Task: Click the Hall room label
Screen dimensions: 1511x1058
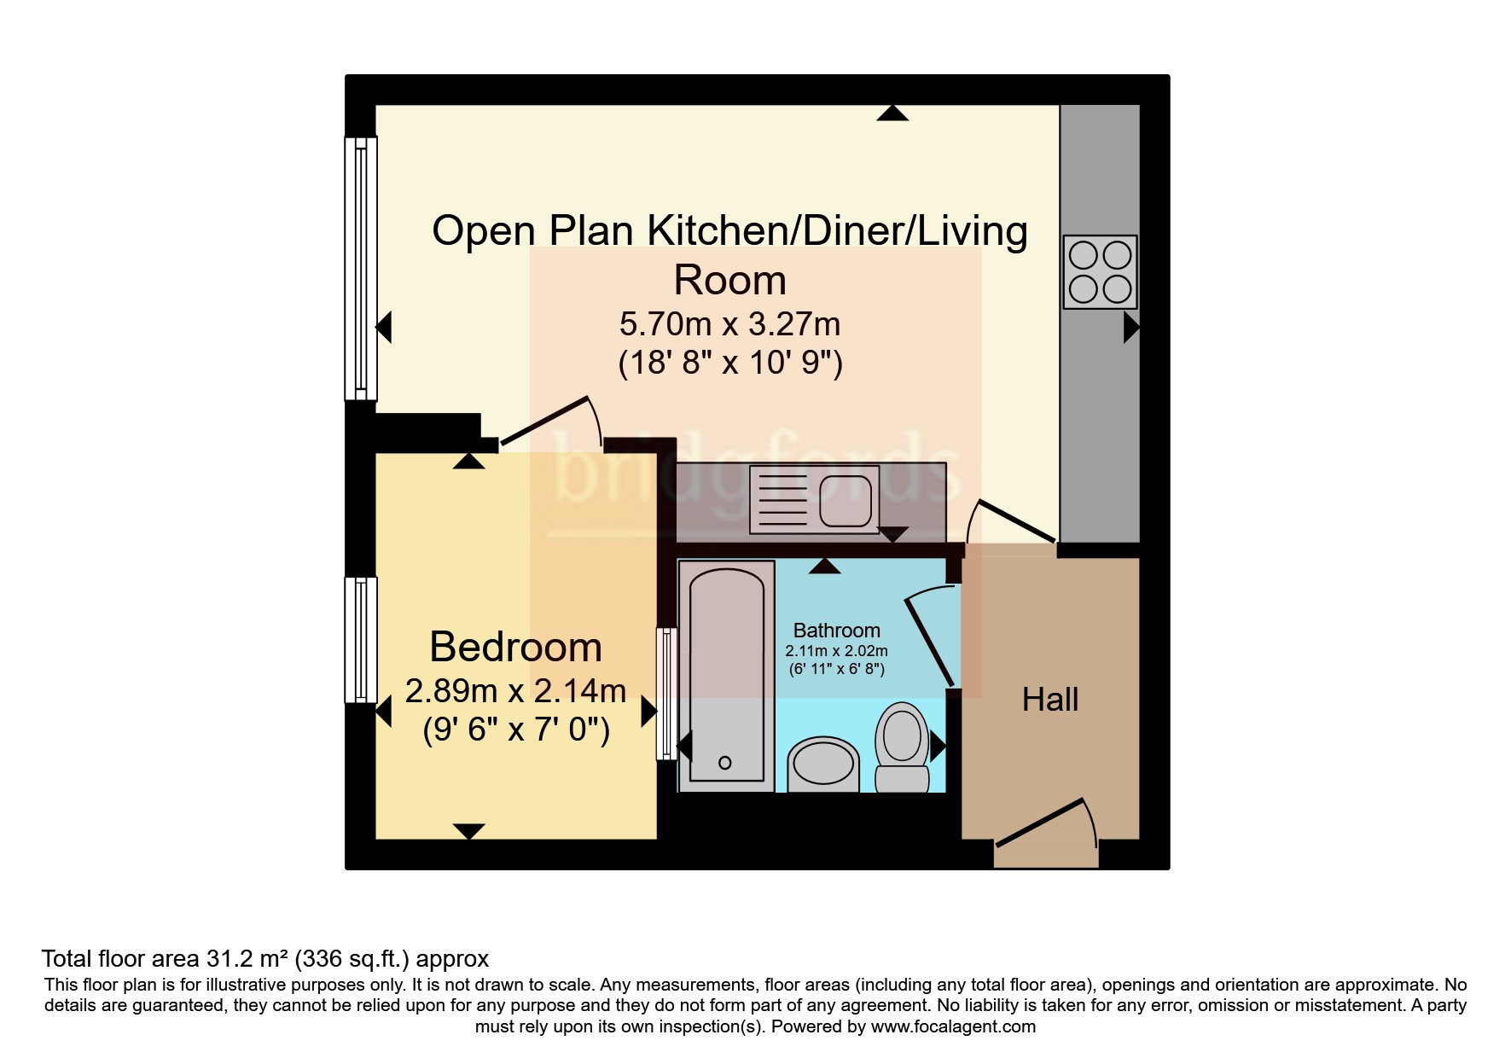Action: (x=1049, y=700)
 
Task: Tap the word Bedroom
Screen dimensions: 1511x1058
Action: (x=515, y=647)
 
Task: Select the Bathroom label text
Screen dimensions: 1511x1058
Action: (x=836, y=631)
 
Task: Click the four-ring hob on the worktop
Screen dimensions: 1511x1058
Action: (x=1100, y=271)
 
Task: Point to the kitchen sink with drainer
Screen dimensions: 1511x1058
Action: (x=814, y=499)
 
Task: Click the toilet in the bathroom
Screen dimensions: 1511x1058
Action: (x=902, y=747)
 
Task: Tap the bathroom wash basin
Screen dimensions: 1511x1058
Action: (x=822, y=764)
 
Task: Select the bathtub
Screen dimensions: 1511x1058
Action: (x=726, y=671)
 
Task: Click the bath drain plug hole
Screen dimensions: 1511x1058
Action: (x=725, y=763)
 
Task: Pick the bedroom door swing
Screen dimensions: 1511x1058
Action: (x=552, y=421)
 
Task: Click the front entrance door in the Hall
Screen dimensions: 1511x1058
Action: (x=1046, y=823)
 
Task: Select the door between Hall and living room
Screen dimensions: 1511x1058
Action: (x=1013, y=521)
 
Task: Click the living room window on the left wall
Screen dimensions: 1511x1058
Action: (x=360, y=269)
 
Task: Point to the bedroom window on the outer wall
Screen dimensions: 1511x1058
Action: (x=360, y=640)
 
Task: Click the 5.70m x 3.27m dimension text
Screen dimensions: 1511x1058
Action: (x=729, y=324)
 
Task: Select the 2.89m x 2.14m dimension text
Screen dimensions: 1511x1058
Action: (x=515, y=690)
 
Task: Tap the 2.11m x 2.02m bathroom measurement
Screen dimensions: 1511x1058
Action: (x=836, y=651)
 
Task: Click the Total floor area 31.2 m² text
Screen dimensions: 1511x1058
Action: (x=167, y=958)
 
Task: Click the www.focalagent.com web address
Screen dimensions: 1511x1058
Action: (x=953, y=1026)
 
